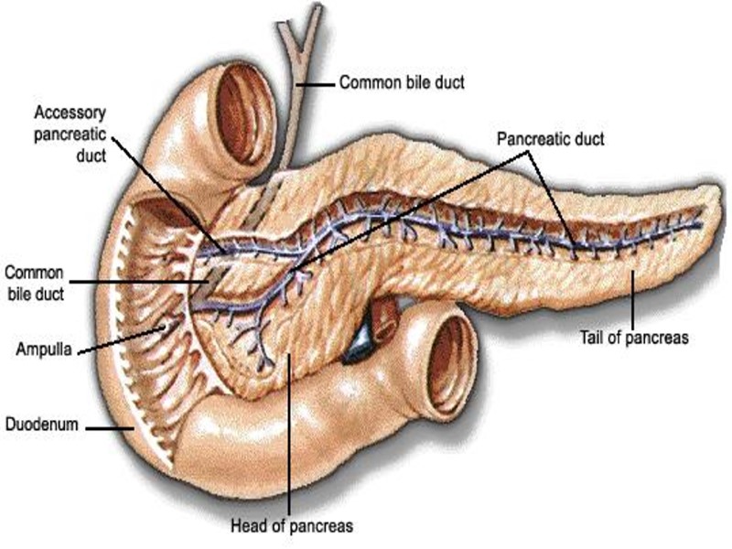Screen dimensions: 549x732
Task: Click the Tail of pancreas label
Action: (633, 338)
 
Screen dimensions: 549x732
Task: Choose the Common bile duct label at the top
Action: (402, 82)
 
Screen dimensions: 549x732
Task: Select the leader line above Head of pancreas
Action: (288, 430)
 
